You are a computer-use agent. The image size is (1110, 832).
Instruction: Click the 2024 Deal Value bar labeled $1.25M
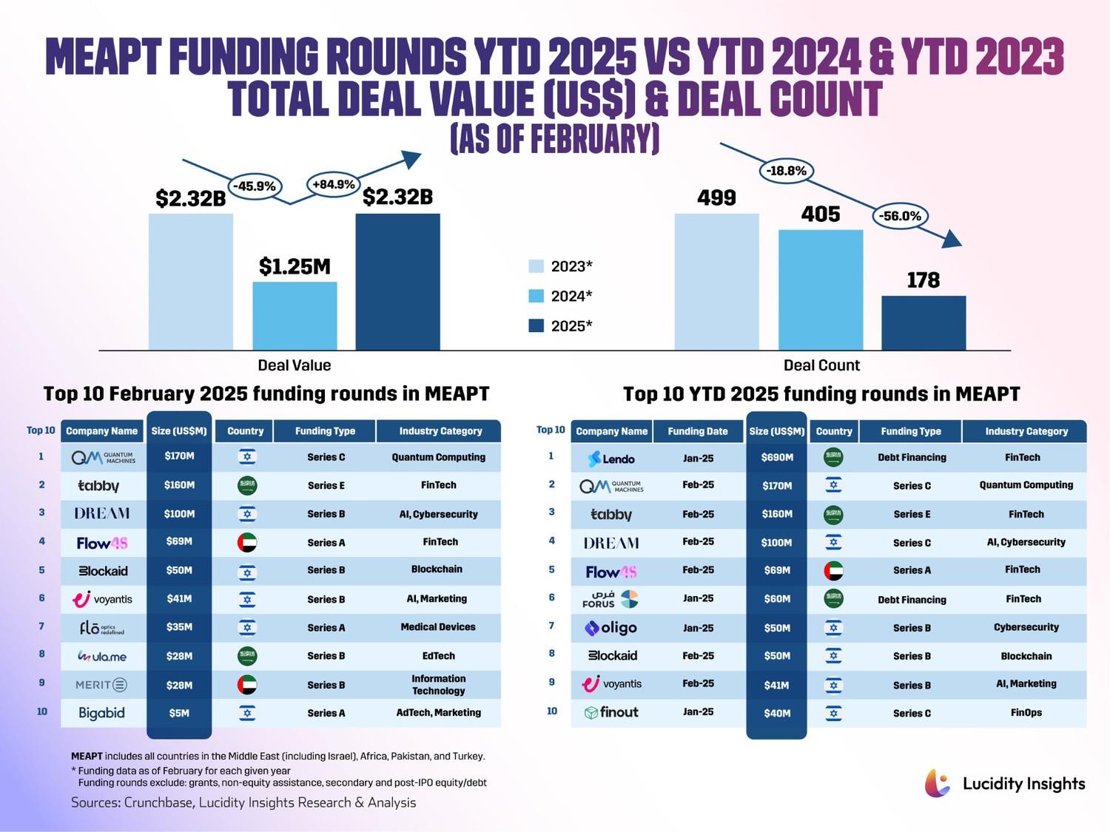tap(295, 316)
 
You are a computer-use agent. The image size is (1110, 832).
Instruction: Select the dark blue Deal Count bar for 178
tap(924, 323)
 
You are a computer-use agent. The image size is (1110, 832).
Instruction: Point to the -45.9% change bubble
tap(255, 186)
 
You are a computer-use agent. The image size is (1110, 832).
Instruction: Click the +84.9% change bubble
tap(334, 184)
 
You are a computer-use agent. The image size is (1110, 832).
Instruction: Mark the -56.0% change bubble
tap(900, 216)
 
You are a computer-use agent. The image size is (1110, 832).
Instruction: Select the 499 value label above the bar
tap(716, 198)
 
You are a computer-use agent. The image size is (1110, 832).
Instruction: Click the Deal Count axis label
tap(821, 365)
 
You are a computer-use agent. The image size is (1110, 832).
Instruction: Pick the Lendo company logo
tap(611, 459)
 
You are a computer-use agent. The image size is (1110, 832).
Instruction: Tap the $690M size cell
tap(776, 458)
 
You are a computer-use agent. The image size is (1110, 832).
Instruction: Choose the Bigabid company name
tap(102, 713)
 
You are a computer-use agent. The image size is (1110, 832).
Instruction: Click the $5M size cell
tap(179, 714)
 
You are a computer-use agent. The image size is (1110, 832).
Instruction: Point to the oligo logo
tap(611, 628)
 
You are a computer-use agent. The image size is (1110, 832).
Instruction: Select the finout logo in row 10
tap(611, 713)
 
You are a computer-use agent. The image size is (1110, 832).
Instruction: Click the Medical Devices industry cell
tap(438, 627)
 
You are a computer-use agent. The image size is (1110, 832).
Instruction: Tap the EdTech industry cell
tap(438, 656)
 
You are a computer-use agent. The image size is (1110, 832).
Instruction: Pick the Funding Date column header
tap(698, 431)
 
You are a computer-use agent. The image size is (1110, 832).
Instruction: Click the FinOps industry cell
tap(1026, 713)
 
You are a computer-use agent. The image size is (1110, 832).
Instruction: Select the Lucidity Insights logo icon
tap(938, 783)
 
